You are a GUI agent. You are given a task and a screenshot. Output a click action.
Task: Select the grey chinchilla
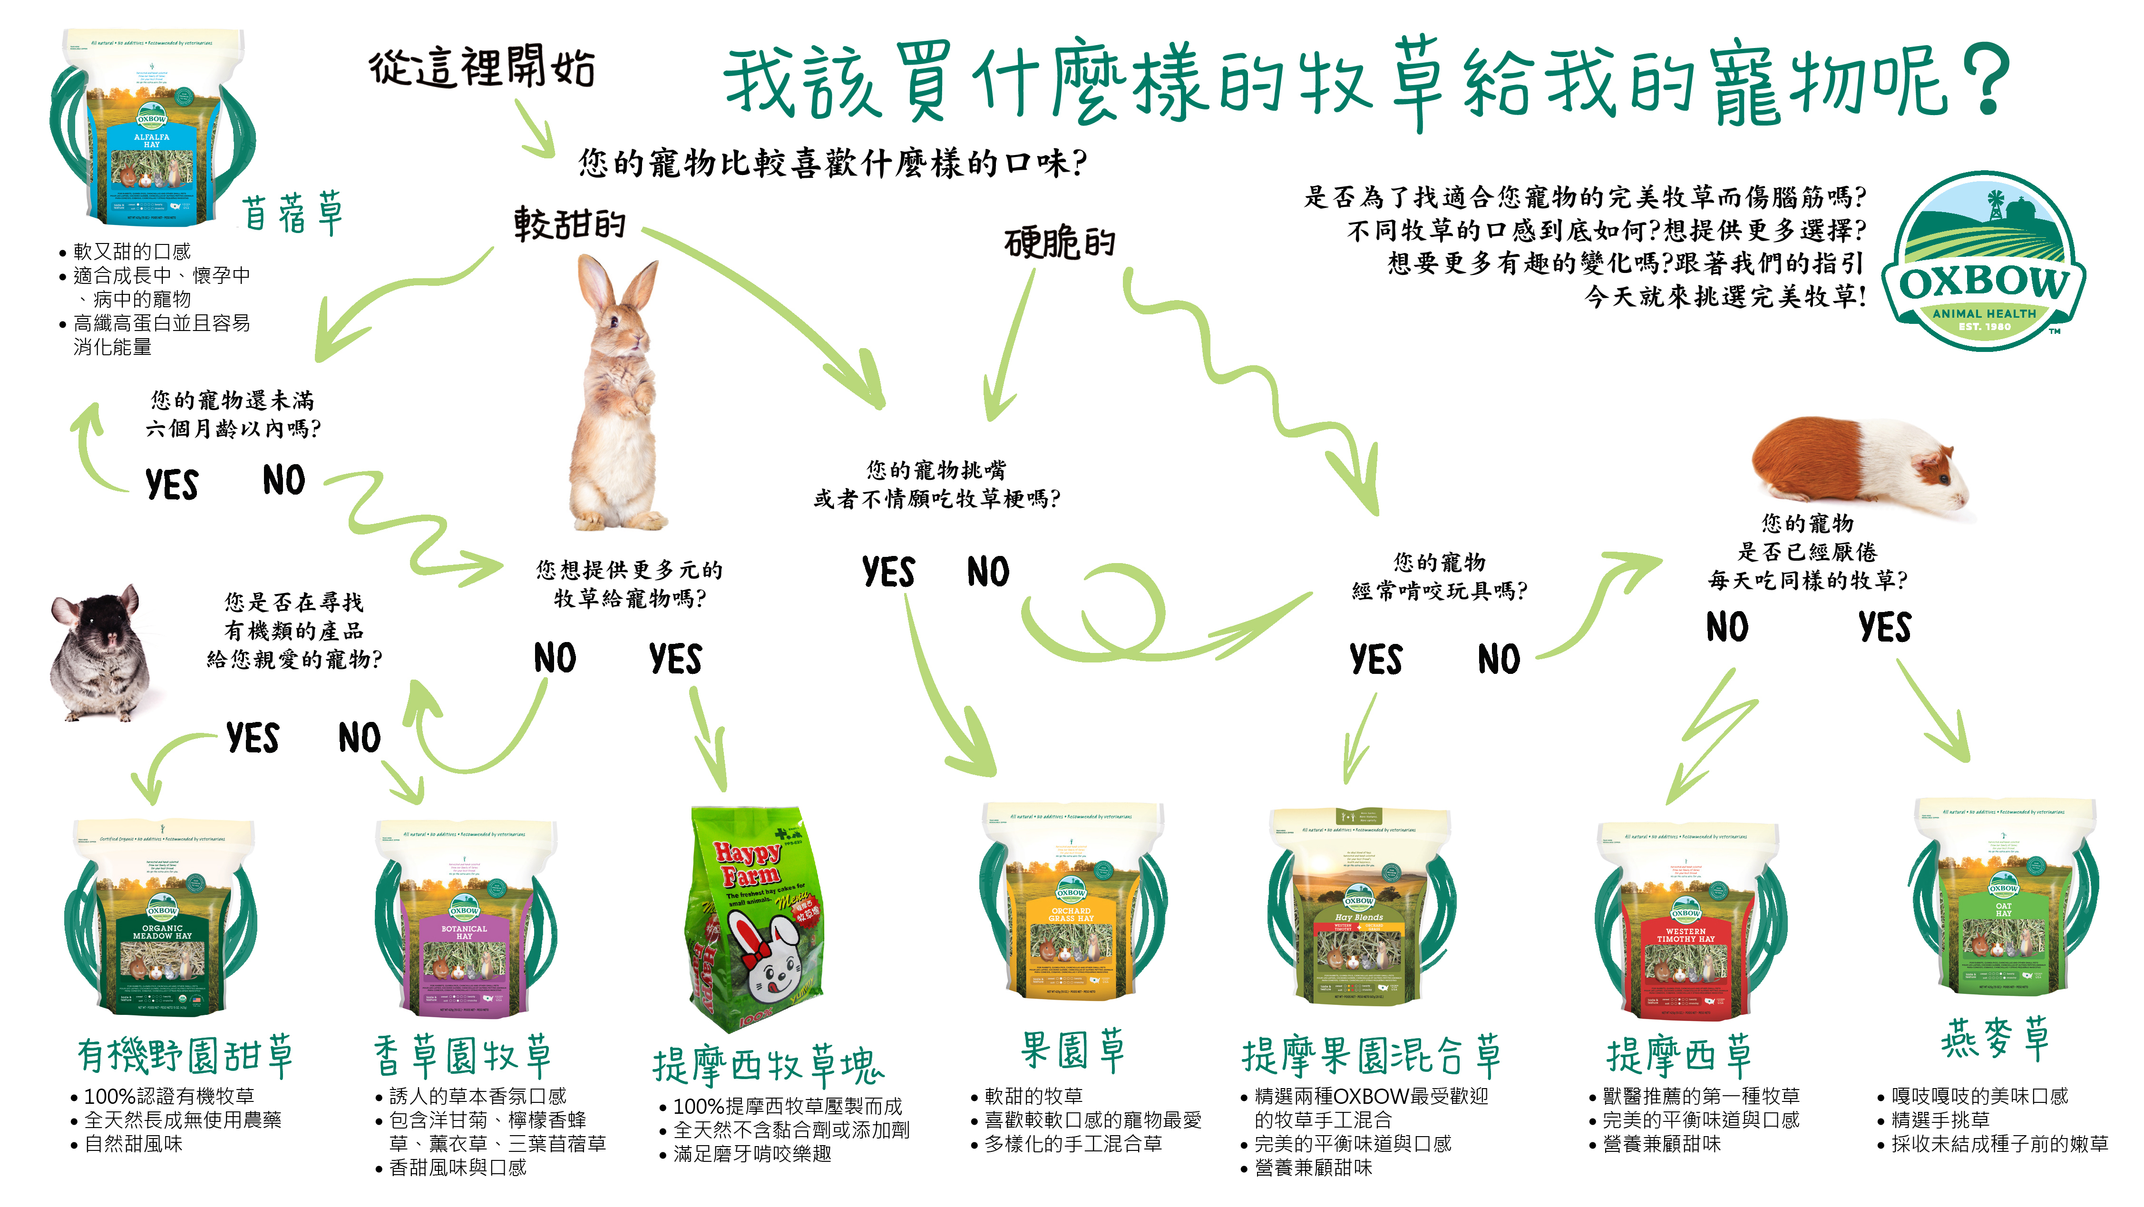coord(100,653)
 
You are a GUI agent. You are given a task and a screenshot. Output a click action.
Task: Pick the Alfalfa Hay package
coord(151,129)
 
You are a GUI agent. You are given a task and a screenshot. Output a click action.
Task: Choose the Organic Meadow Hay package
coord(162,915)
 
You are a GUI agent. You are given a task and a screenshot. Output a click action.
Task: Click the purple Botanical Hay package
coord(464,920)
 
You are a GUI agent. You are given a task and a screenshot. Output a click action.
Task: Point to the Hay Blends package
coord(1359,907)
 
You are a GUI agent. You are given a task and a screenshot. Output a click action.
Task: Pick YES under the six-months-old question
coord(171,485)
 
